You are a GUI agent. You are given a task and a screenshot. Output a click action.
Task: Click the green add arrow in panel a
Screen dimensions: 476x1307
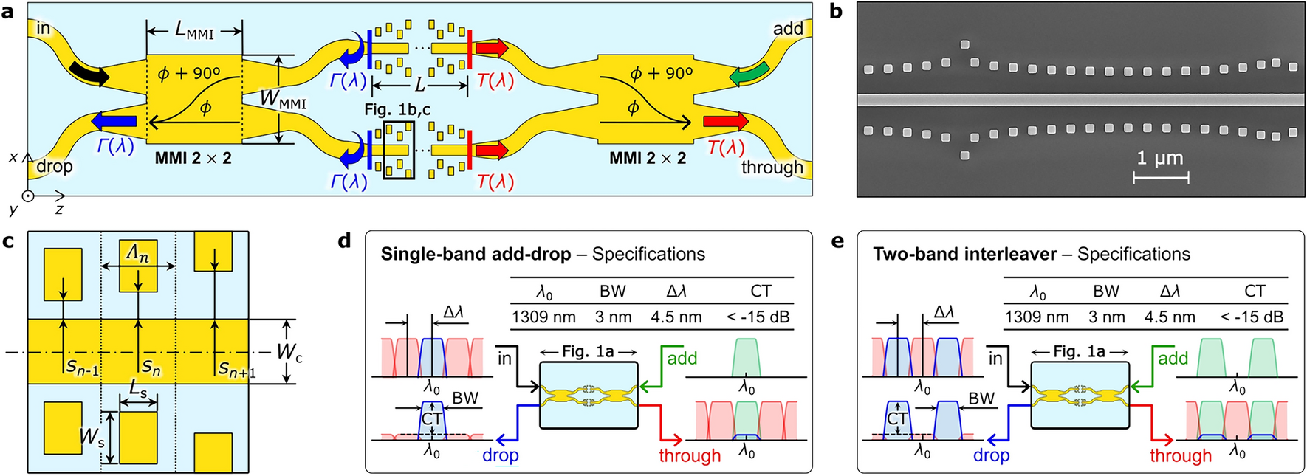[x=749, y=74]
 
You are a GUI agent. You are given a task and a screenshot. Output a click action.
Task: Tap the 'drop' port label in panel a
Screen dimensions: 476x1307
[x=55, y=167]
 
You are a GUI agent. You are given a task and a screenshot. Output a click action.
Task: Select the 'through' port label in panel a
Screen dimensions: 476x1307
[x=772, y=168]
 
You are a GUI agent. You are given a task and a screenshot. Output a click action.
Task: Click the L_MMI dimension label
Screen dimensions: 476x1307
[x=194, y=31]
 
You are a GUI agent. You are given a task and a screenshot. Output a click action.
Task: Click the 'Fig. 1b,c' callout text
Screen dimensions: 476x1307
[x=397, y=110]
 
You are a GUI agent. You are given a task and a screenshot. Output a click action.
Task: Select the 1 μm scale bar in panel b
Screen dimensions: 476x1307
[x=1161, y=177]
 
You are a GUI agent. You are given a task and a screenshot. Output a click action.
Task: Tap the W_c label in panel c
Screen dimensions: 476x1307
[x=289, y=352]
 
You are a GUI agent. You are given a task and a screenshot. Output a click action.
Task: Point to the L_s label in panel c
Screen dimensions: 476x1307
[x=138, y=388]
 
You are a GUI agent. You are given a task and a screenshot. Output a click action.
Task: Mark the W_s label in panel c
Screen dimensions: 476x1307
[x=92, y=438]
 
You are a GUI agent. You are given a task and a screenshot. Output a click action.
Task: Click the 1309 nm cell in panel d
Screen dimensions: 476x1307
[x=543, y=317]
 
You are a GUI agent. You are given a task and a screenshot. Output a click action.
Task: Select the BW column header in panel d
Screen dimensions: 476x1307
[x=612, y=292]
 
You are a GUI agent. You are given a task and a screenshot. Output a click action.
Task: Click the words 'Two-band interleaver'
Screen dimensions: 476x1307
[x=964, y=255]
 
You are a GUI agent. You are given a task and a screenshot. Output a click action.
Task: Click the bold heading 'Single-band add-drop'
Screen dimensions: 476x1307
[x=476, y=255]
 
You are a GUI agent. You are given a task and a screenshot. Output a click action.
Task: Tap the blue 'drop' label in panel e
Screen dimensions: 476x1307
[x=991, y=455]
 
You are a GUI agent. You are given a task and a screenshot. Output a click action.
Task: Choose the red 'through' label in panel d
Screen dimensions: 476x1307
[x=690, y=455]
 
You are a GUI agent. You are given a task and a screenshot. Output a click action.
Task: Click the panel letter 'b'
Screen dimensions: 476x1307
[x=836, y=13]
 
